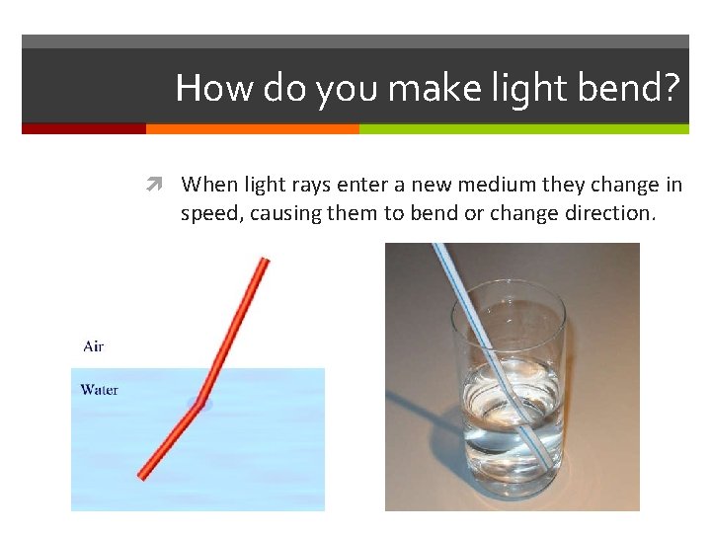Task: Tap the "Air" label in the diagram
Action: coord(94,346)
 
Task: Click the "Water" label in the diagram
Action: coord(99,390)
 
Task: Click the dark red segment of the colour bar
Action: coord(84,128)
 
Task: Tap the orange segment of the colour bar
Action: coord(252,128)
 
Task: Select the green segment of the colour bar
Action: coord(523,128)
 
